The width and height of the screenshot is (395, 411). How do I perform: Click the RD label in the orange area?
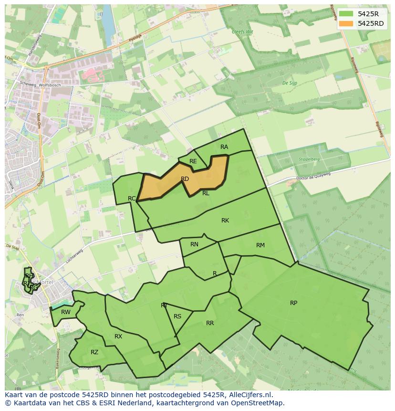click(x=185, y=179)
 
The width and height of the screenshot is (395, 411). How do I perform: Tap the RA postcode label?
click(x=224, y=147)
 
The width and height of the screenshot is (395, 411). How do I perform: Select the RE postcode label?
click(x=193, y=161)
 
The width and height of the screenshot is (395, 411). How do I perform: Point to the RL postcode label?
click(x=206, y=193)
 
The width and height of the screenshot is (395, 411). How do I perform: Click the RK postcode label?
click(x=225, y=221)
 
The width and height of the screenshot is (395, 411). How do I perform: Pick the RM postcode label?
click(x=260, y=245)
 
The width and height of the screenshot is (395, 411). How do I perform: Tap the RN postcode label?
click(x=194, y=244)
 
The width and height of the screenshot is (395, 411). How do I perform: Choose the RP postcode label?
click(x=293, y=303)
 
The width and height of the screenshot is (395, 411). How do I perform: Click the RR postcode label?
click(x=210, y=323)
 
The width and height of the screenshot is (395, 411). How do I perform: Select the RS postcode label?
click(x=177, y=316)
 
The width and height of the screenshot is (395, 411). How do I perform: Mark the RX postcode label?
click(x=118, y=337)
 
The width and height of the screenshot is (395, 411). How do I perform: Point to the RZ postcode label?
click(x=94, y=352)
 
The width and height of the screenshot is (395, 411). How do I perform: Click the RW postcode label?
click(x=66, y=312)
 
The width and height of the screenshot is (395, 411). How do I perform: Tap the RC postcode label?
click(x=132, y=198)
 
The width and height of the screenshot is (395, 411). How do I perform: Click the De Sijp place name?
click(x=290, y=83)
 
